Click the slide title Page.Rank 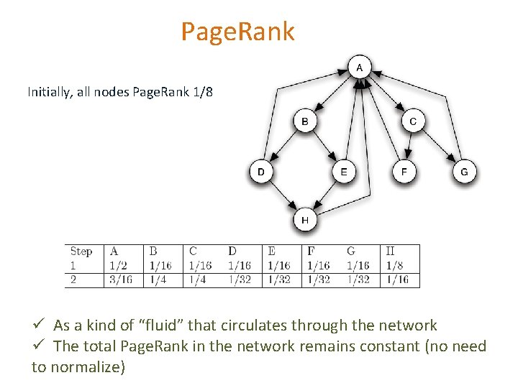[237, 32]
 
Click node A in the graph [359, 68]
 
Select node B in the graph [305, 121]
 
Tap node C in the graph [412, 121]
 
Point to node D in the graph [260, 172]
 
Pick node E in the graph [344, 172]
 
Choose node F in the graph [404, 172]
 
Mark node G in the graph [464, 172]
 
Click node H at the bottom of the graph [305, 220]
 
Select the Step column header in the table [81, 251]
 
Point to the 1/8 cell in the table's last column [394, 265]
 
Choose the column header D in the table [232, 251]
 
